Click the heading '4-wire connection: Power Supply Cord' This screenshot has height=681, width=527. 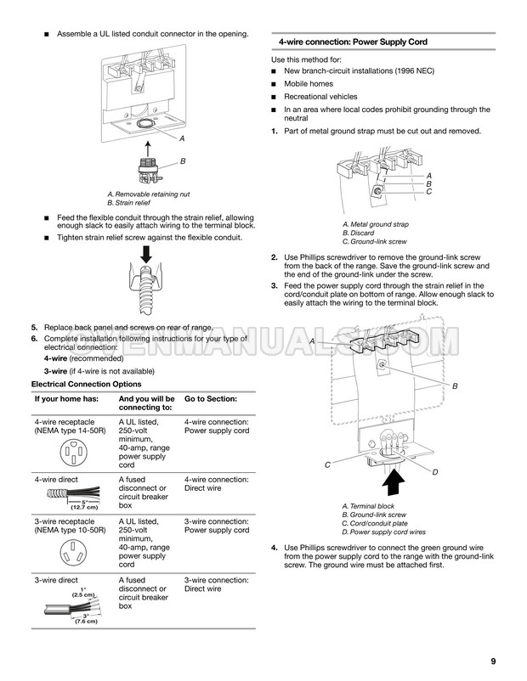353,42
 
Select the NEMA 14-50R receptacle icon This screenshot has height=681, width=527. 74,452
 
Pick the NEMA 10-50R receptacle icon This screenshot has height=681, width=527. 74,552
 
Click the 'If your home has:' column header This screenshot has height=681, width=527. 66,399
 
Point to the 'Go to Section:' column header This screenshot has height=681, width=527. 211,399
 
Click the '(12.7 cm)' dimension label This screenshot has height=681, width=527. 84,507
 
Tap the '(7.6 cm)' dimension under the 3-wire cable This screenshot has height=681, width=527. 86,621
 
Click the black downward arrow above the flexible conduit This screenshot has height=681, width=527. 146,254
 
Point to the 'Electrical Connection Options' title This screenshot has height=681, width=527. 86,384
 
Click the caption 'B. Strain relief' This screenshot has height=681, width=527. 128,203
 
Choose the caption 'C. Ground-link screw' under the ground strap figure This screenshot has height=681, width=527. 374,241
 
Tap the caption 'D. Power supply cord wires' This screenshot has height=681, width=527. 383,532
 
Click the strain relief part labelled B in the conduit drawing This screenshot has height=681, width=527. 149,169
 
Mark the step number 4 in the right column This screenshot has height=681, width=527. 274,548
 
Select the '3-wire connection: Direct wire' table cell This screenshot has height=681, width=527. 216,584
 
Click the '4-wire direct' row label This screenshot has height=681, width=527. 56,480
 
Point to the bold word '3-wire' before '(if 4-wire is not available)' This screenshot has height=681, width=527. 55,371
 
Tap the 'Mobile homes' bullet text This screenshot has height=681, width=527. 309,84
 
